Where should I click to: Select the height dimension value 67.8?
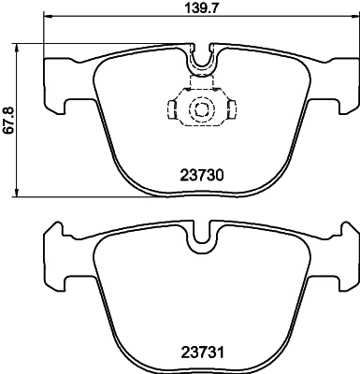click(8, 120)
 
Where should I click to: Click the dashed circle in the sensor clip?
click(200, 110)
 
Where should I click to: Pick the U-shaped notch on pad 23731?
click(200, 242)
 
